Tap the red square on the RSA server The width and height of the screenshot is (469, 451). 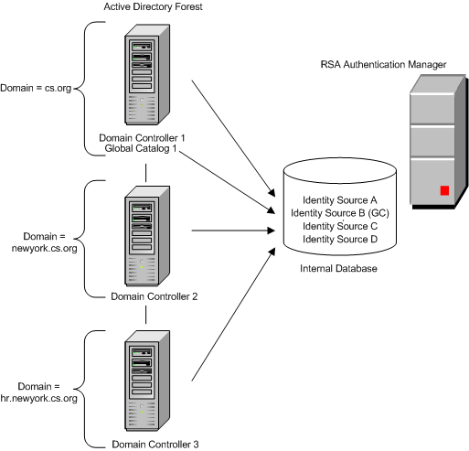click(x=444, y=190)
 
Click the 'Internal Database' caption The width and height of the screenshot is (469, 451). click(x=338, y=268)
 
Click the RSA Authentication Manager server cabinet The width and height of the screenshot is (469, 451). click(x=432, y=142)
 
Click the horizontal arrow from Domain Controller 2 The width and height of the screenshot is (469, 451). click(x=229, y=231)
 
